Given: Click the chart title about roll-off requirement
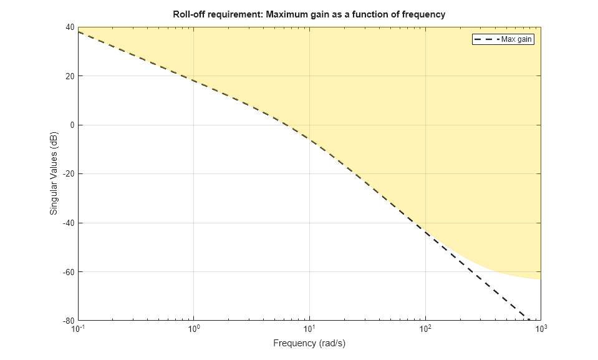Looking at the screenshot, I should point(309,14).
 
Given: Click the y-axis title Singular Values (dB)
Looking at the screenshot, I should point(54,174).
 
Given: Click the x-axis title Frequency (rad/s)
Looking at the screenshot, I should point(309,343).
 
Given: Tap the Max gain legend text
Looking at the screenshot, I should point(517,39).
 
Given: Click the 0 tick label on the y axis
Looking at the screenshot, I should point(72,125).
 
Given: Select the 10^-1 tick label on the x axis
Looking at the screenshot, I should point(78,329).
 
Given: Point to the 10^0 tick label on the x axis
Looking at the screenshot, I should point(194,329).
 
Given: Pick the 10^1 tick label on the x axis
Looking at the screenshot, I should point(310,329).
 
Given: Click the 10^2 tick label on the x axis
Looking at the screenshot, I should point(425,329).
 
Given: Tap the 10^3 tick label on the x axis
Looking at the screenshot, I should point(541,329).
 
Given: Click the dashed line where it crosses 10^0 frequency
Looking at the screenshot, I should point(194,81).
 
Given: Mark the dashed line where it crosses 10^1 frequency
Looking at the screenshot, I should point(310,140).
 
